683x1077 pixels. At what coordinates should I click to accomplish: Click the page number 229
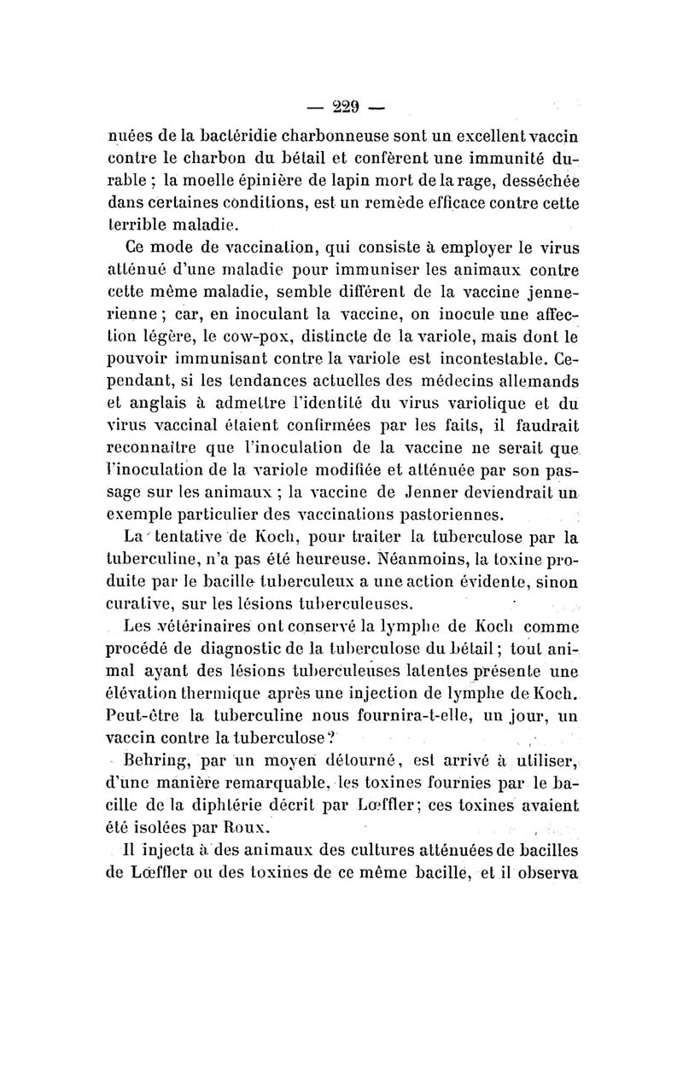pos(346,108)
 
